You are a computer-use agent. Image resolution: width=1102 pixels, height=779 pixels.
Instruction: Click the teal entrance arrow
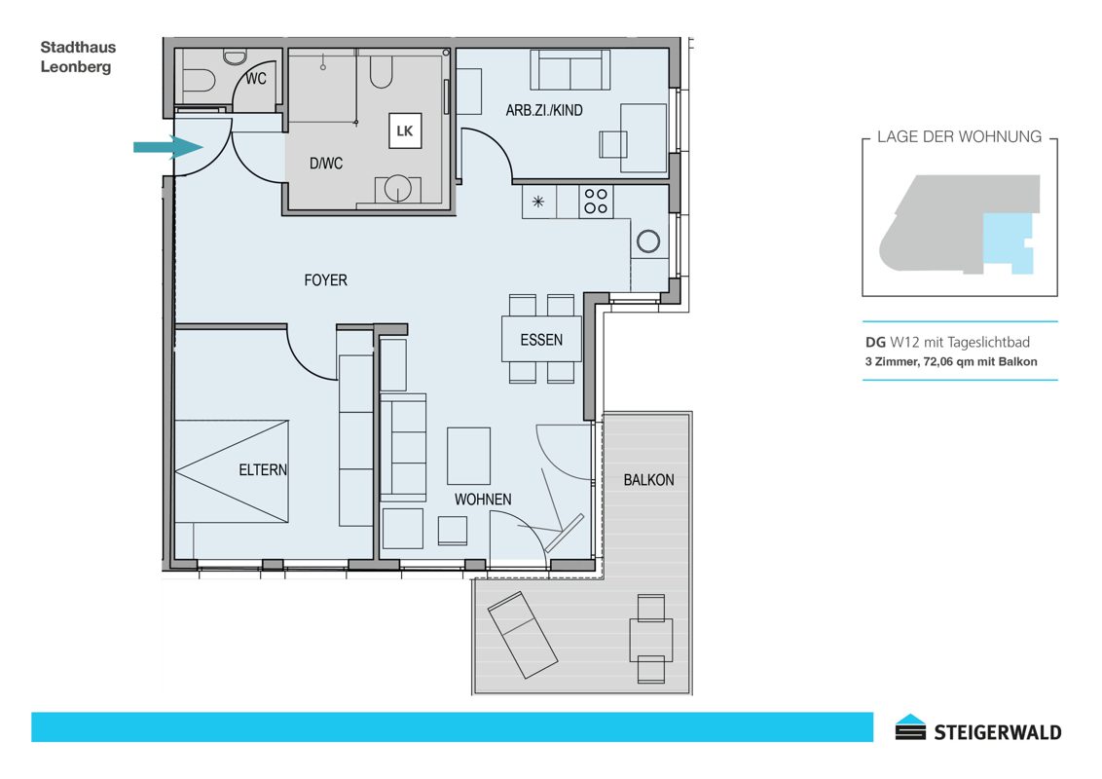[x=168, y=147]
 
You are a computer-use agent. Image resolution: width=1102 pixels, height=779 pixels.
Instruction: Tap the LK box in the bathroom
[x=405, y=130]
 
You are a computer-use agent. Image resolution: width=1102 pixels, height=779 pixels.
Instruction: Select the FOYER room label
[x=325, y=280]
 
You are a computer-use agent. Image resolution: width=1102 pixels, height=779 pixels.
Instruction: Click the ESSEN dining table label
[x=541, y=340]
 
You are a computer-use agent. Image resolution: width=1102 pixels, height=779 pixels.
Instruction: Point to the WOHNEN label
[x=483, y=500]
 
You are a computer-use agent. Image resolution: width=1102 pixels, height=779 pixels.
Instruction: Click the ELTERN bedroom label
[x=263, y=469]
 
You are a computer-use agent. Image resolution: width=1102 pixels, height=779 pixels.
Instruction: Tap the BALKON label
[x=648, y=480]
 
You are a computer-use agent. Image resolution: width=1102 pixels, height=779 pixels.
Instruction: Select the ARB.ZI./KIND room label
[x=544, y=110]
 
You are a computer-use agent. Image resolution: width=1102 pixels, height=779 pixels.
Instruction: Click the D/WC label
[x=326, y=164]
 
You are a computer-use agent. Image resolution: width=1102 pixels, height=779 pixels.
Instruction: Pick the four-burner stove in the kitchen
[x=596, y=201]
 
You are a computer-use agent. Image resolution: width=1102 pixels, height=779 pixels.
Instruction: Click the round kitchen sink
[x=648, y=241]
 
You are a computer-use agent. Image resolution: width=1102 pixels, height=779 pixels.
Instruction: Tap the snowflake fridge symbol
[x=537, y=202]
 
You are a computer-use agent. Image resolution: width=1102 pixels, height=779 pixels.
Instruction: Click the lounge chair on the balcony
[x=523, y=634]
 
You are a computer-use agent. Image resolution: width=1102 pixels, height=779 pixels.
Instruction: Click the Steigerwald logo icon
[x=911, y=727]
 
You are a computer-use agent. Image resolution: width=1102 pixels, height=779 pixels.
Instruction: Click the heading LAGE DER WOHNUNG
[x=959, y=137]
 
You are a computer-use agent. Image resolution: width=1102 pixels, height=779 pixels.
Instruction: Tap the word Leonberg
[x=76, y=67]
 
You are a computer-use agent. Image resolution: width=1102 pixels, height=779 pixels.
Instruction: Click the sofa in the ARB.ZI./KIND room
[x=569, y=69]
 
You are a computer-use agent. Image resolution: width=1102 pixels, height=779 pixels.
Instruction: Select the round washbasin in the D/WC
[x=398, y=189]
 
